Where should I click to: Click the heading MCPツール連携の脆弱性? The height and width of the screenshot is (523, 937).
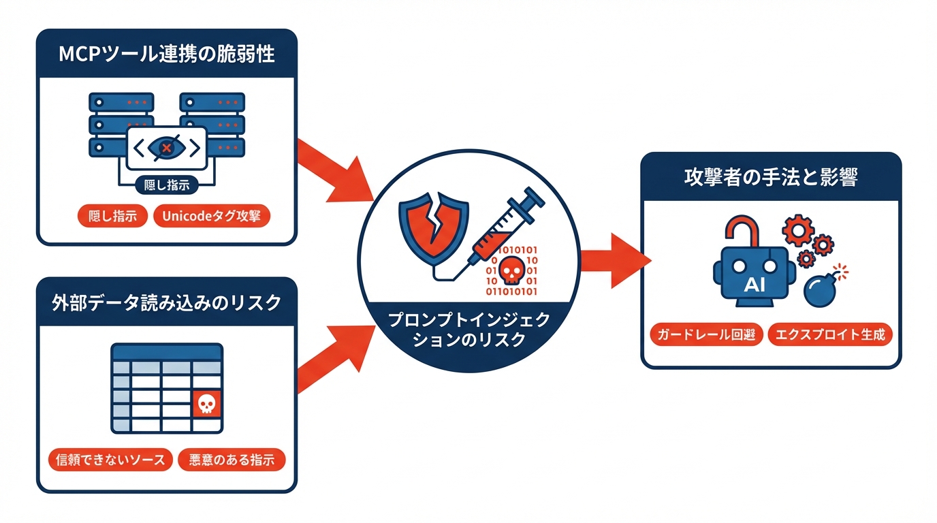[x=167, y=54]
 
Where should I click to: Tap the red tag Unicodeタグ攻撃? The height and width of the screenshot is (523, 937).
[x=212, y=217]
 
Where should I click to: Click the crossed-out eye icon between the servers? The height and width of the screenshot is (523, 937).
[x=166, y=147]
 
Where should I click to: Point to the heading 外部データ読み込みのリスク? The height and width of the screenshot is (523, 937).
[x=167, y=303]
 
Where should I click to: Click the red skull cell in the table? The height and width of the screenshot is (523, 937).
[x=206, y=405]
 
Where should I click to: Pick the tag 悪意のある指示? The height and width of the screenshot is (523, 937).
[x=232, y=460]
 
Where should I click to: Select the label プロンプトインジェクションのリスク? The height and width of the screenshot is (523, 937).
[x=469, y=330]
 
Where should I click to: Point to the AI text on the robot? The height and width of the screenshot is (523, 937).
[x=754, y=285]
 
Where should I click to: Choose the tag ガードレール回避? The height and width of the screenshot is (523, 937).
[x=705, y=335]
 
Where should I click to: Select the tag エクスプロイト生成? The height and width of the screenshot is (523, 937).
[x=829, y=335]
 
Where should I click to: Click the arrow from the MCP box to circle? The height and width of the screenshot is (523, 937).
[x=334, y=170]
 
